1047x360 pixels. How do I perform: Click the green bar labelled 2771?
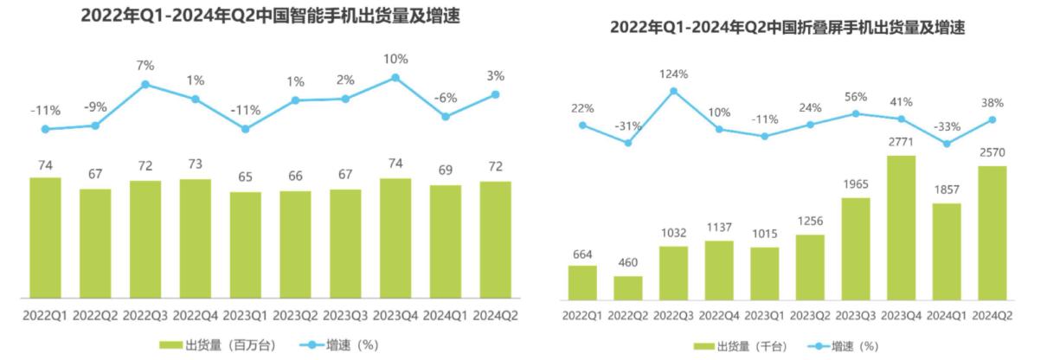[x=901, y=227]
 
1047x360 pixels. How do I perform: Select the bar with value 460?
[x=628, y=287]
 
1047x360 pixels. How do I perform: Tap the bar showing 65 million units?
[x=246, y=245]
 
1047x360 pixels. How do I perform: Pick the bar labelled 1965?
[x=855, y=247]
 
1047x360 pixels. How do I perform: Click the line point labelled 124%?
[x=673, y=91]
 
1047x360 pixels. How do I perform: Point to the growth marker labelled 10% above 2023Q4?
[x=395, y=77]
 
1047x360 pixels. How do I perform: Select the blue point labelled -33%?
[x=947, y=144]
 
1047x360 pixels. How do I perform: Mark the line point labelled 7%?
[x=145, y=84]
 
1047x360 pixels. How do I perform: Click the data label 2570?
[x=992, y=153]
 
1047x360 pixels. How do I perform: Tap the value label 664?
[x=582, y=254]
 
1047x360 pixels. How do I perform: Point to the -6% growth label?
[x=445, y=98]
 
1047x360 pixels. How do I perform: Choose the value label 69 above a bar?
[x=445, y=170]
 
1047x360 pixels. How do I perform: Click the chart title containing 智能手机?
[x=271, y=16]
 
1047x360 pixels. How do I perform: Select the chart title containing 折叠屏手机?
[x=787, y=28]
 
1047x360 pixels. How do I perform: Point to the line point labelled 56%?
[x=856, y=113]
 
